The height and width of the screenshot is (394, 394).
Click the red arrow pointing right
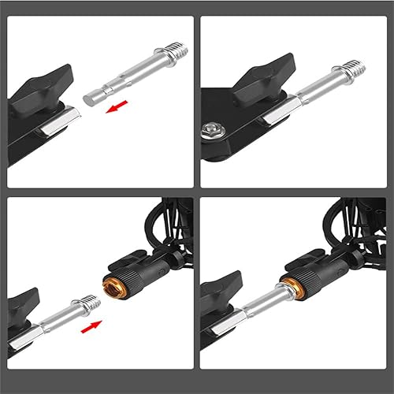pos(91,323)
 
